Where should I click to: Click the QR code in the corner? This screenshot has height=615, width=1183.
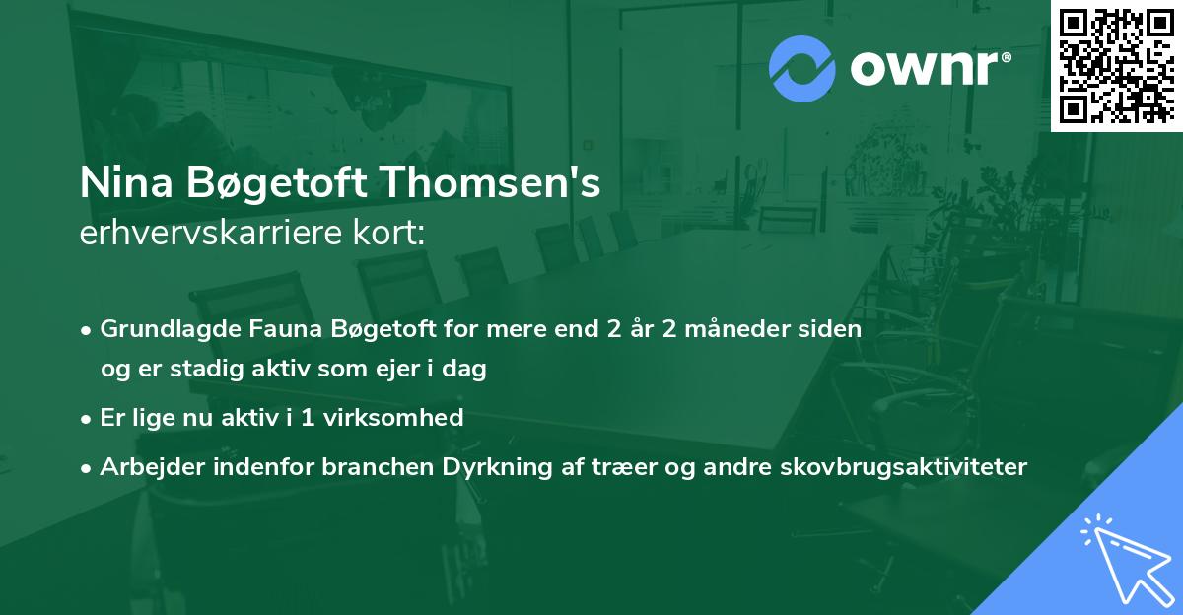pyautogui.click(x=1116, y=65)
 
